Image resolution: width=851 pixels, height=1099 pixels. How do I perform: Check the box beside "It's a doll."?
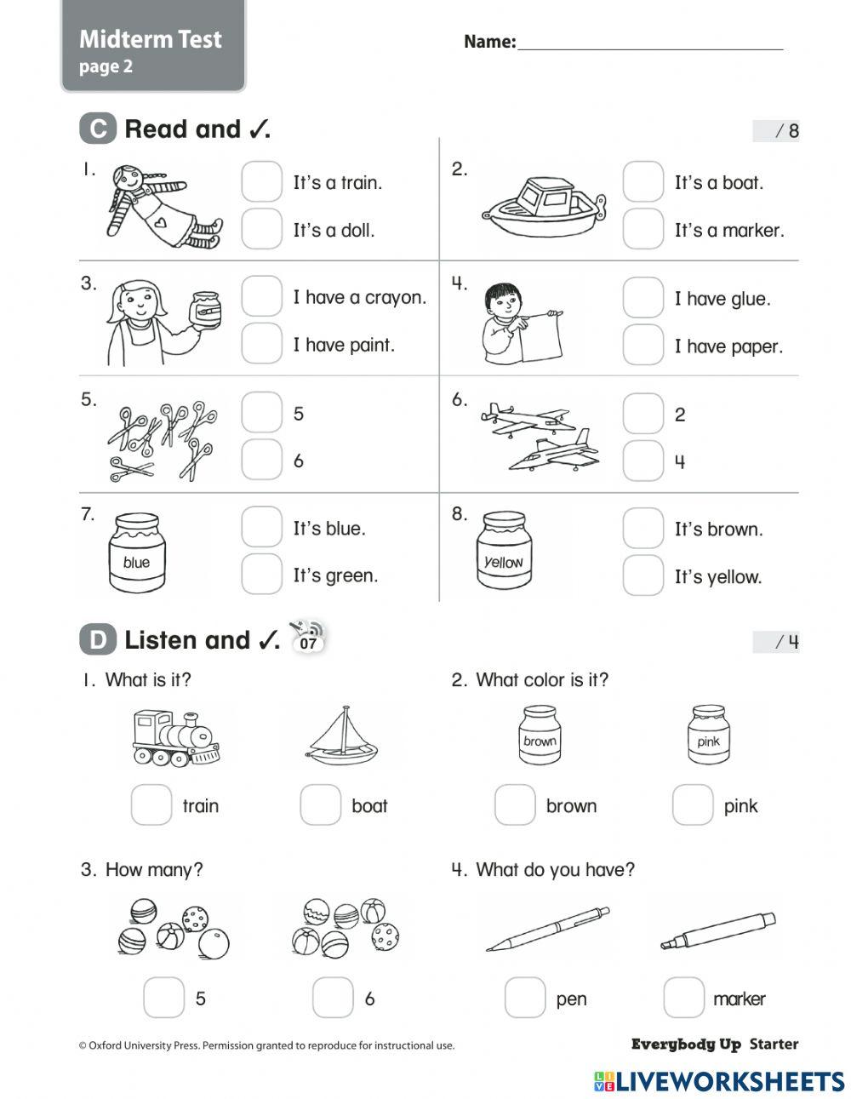261,229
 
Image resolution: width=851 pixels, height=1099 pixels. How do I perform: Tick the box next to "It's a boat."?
643,182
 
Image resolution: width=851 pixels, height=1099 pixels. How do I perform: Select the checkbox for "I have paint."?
261,344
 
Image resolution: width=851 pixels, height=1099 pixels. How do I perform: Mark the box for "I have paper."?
643,346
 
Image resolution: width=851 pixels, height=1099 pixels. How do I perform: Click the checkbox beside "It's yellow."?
643,576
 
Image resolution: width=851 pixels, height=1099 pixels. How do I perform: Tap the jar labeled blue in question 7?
136,552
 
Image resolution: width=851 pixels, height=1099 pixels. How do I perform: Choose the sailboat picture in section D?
342,736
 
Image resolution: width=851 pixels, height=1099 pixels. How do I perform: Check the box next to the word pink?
692,805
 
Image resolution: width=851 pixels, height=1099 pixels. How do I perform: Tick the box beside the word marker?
683,998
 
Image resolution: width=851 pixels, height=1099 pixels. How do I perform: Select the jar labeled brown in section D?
540,736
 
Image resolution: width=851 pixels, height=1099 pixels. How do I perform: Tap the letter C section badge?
98,129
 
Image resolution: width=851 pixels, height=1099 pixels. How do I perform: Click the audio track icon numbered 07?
307,638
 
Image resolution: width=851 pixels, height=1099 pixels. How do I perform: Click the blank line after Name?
650,43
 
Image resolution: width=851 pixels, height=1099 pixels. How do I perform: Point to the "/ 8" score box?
776,131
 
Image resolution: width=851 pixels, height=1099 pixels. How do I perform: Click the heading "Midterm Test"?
151,39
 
